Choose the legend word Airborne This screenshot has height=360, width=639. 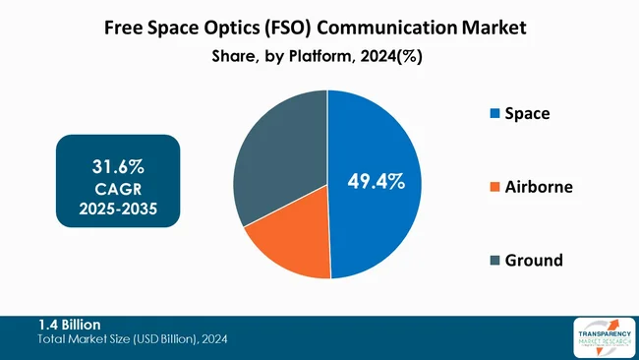539,187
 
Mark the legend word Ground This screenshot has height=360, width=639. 534,261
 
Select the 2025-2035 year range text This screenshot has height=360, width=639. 119,210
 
